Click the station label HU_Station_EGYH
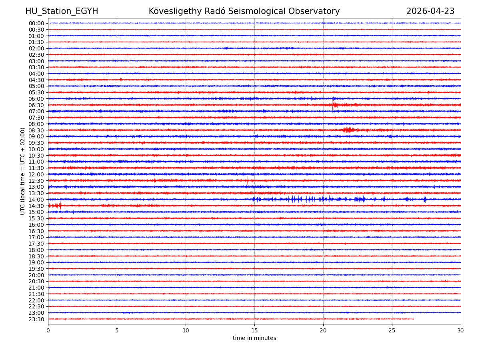pos(62,11)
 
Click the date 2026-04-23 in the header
pos(430,11)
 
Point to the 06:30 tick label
pos(36,105)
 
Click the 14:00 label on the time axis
pos(36,200)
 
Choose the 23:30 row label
pos(36,319)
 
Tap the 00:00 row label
pos(36,23)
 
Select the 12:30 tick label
pos(36,181)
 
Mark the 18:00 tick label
pos(36,250)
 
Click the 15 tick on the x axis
pos(254,330)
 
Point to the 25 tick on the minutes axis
pos(392,330)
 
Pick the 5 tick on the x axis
pos(117,330)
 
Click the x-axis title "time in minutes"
pos(254,338)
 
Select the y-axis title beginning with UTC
pos(23,171)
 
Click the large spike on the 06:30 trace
pos(333,105)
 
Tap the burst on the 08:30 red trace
pos(348,130)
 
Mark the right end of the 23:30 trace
pos(414,319)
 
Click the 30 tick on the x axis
pos(461,330)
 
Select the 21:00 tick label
pos(36,288)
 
